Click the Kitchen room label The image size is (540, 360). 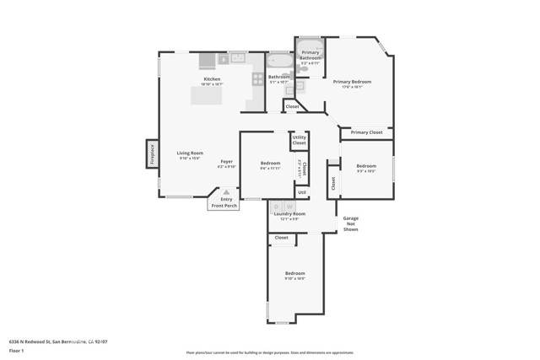[212, 79]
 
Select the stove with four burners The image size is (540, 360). [257, 79]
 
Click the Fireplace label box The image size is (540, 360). [152, 153]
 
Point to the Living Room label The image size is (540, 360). [190, 153]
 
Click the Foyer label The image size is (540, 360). [227, 161]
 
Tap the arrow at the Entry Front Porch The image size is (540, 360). [226, 192]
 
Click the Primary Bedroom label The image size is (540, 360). [358, 82]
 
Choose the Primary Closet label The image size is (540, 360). [366, 132]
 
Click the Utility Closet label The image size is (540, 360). [300, 141]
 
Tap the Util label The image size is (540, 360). [301, 193]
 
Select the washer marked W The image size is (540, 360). [289, 207]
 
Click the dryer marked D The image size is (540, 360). [276, 207]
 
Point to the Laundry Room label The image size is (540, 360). [289, 214]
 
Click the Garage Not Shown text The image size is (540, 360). [350, 224]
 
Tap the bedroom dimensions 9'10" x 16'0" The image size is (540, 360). [294, 279]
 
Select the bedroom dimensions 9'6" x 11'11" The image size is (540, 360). [270, 169]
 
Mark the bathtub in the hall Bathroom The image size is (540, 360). [278, 61]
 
